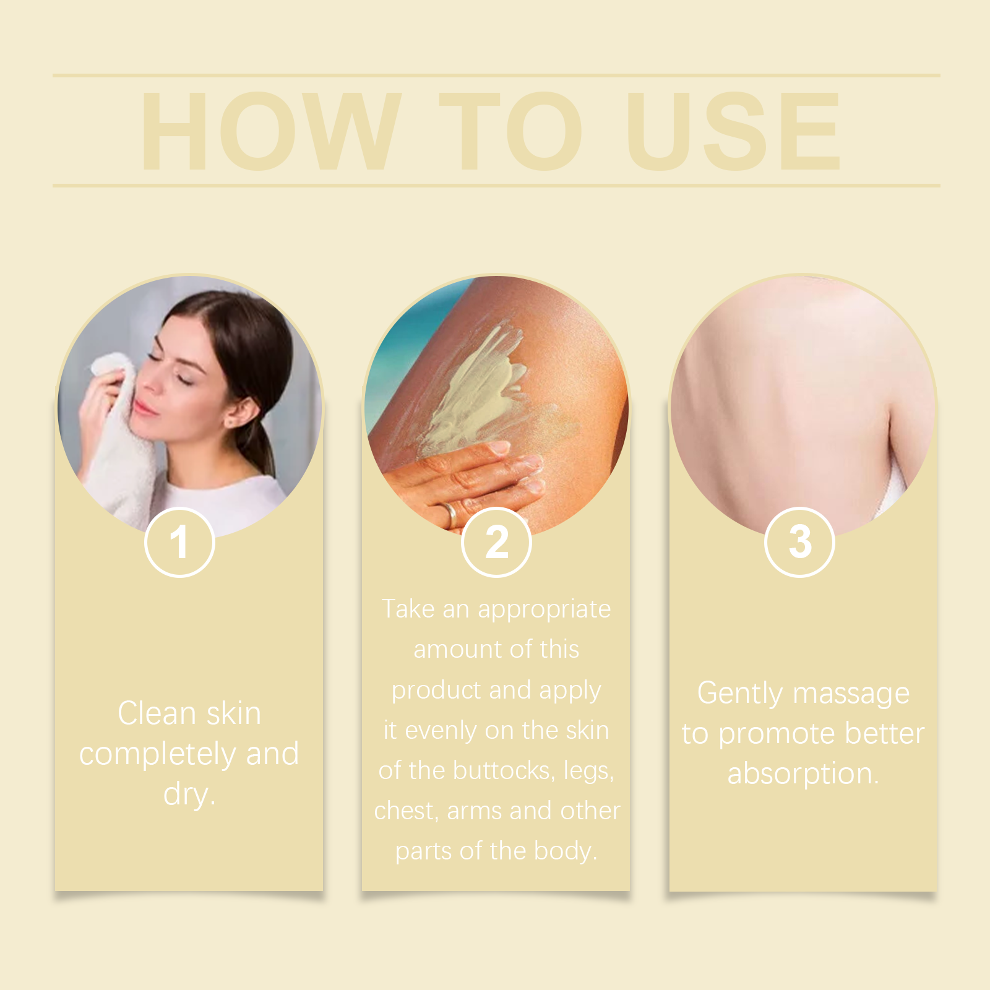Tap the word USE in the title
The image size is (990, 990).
(734, 131)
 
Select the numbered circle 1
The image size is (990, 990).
(179, 542)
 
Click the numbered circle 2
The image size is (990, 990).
(496, 542)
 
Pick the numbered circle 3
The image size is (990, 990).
(799, 542)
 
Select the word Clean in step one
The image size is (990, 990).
(157, 713)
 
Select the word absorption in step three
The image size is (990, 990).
(802, 774)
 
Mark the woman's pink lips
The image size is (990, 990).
(146, 408)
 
